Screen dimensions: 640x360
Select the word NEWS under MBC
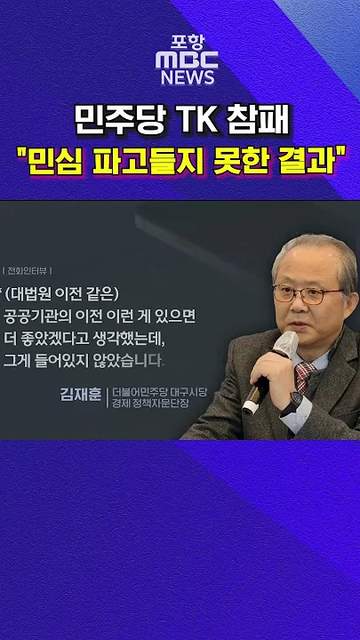pyautogui.click(x=188, y=77)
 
